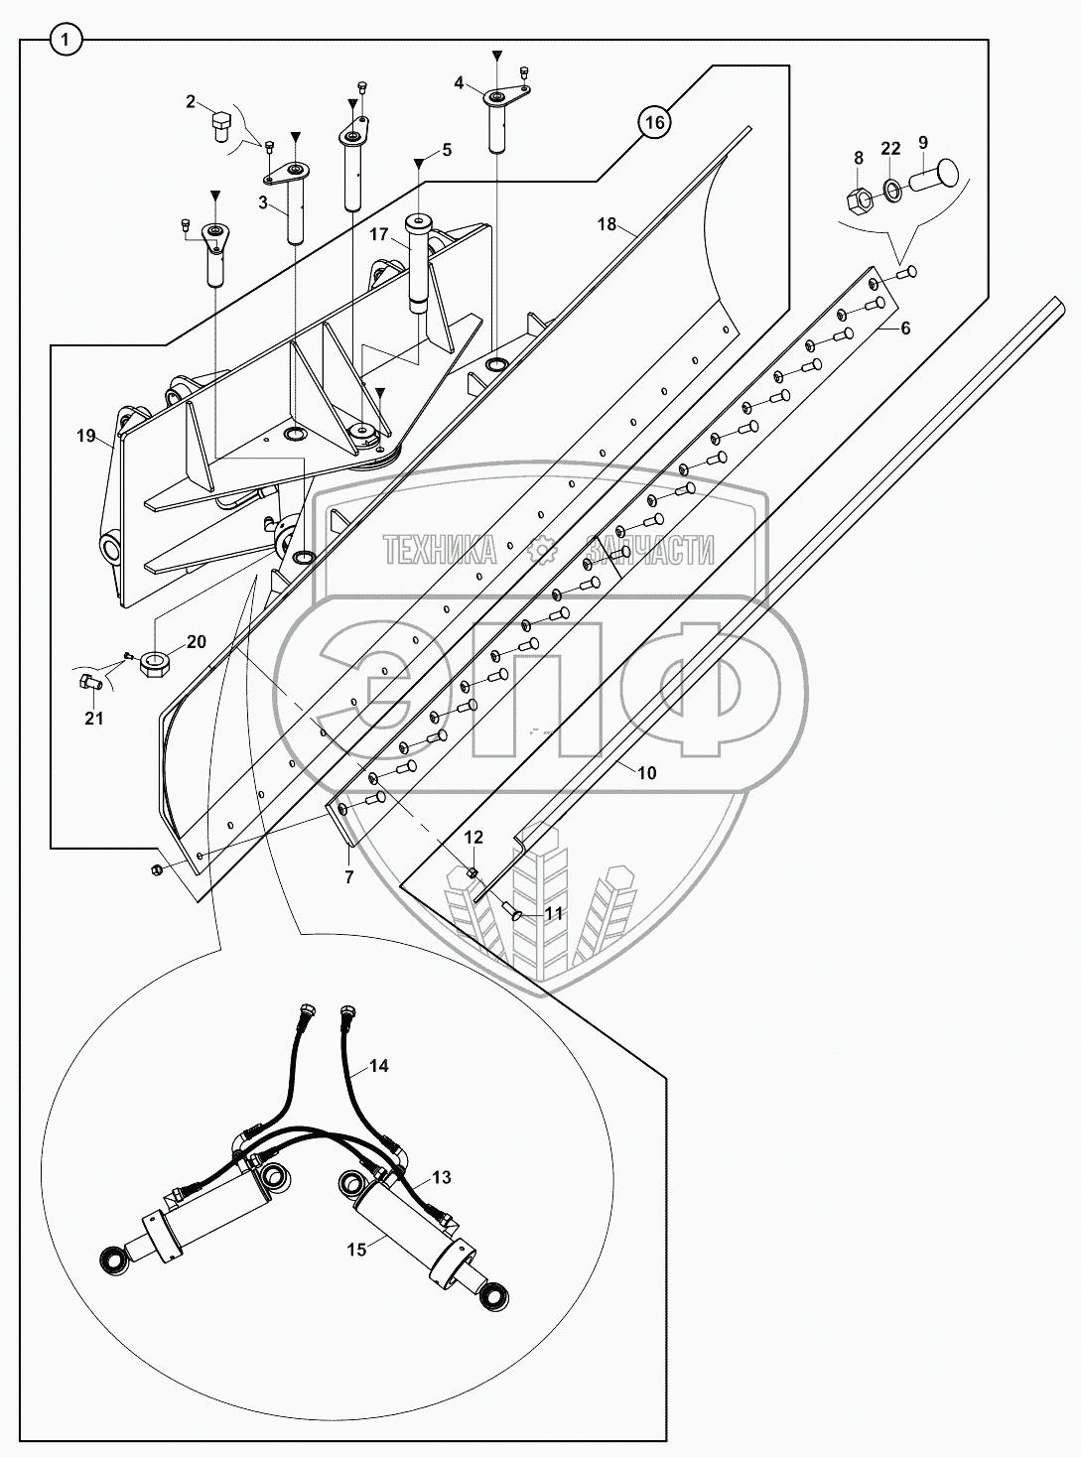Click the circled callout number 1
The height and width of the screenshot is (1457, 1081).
(66, 41)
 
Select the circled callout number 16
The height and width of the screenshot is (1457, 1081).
(652, 123)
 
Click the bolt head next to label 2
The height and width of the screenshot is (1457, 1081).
(221, 128)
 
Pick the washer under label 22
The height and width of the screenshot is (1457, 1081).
(892, 188)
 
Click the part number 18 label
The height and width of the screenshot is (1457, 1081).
(607, 224)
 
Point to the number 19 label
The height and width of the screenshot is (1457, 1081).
(84, 435)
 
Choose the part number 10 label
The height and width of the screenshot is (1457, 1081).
(646, 773)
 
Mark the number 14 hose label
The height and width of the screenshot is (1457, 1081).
(378, 1066)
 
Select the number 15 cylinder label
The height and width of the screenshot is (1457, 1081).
(357, 1250)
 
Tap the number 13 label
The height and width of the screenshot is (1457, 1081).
(441, 1177)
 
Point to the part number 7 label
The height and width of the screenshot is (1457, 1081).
(348, 877)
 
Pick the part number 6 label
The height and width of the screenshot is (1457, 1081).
(905, 328)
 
